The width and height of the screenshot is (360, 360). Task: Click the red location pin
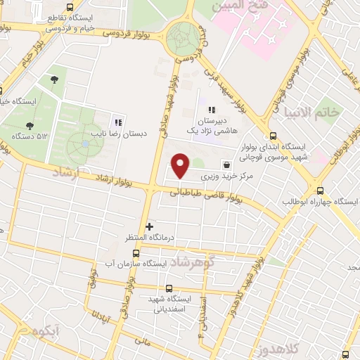click(x=181, y=165)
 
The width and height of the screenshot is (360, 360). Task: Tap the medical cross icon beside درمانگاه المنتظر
click(x=149, y=226)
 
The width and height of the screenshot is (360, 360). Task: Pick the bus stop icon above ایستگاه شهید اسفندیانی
click(x=168, y=288)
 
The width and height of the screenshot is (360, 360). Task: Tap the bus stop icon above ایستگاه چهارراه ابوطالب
click(x=321, y=191)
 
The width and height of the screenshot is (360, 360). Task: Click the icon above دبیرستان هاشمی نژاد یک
click(x=211, y=110)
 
